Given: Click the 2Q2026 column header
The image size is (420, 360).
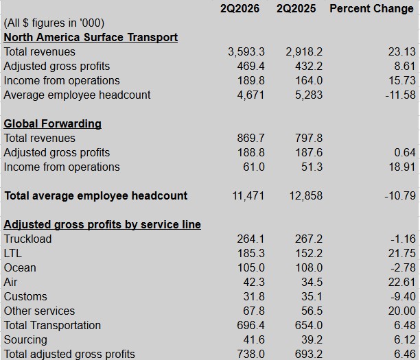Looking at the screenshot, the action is [240, 8].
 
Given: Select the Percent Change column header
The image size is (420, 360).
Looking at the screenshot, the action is [371, 8].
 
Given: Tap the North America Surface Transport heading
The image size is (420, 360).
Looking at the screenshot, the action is [91, 38].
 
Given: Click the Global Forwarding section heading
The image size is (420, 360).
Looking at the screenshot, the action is [52, 124].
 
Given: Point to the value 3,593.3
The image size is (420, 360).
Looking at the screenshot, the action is [246, 52].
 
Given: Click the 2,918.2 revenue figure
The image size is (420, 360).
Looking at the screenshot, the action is [304, 52].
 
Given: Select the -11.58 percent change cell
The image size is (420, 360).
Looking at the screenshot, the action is [401, 95].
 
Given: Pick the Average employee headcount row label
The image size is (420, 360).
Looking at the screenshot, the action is [77, 95].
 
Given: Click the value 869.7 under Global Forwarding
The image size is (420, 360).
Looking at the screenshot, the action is [250, 139].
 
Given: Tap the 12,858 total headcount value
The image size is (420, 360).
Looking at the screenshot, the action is [306, 196].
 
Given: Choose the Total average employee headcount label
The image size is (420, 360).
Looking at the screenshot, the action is [96, 196].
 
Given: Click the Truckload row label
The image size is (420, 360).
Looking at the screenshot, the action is [27, 239].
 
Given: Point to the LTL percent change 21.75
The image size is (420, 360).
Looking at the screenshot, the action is [401, 254].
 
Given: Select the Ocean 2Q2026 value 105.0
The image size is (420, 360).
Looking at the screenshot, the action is [250, 268].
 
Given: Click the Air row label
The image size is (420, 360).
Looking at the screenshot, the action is [10, 283].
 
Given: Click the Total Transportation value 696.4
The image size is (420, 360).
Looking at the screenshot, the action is [250, 326].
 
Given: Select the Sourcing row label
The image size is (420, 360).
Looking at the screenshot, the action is [25, 340].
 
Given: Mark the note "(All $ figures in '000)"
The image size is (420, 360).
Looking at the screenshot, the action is [54, 23].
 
